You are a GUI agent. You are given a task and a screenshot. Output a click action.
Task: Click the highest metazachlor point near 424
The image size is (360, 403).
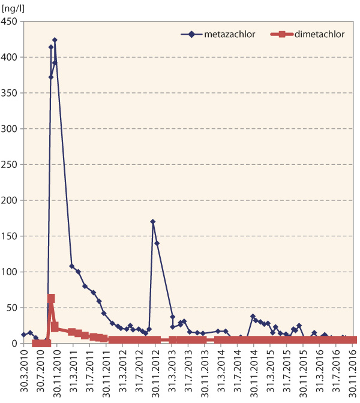point(55,40)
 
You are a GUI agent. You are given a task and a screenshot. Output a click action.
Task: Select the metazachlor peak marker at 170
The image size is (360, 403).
point(153,222)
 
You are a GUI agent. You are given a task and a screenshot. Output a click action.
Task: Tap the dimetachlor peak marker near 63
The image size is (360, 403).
point(51,298)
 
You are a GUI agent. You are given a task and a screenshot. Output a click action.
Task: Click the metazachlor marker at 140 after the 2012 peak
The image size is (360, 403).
point(157,243)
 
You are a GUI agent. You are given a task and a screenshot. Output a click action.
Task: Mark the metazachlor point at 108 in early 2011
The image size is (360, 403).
point(72,266)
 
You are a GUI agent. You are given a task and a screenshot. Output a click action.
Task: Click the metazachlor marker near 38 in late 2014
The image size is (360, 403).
point(253,316)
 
